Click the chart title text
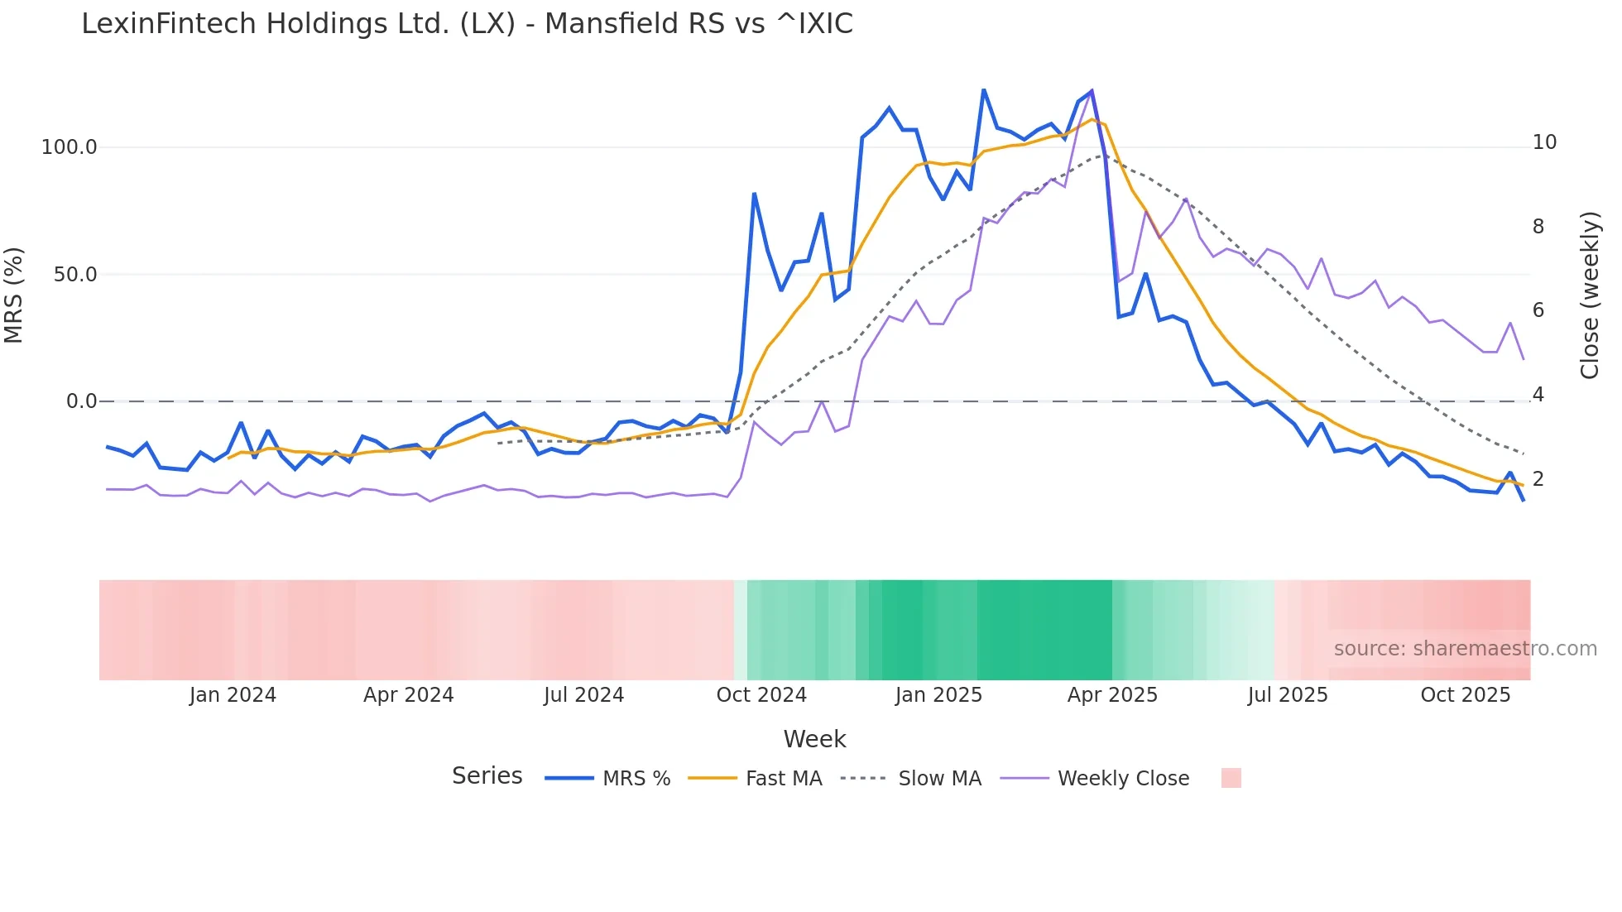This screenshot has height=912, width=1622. click(467, 24)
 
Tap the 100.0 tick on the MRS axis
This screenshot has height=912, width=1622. click(70, 147)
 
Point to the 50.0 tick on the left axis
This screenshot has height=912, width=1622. click(74, 275)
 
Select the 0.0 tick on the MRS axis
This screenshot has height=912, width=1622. click(81, 401)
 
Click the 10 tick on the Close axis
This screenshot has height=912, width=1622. click(1544, 142)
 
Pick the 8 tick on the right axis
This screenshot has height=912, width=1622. click(1538, 227)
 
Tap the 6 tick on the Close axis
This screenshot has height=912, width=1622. click(1538, 310)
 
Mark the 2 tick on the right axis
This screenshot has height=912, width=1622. click(1538, 478)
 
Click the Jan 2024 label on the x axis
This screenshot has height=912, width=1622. click(233, 695)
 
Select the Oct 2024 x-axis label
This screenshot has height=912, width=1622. click(761, 695)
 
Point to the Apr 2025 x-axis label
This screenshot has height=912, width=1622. click(1112, 695)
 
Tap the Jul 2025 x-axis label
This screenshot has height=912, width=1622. click(1288, 695)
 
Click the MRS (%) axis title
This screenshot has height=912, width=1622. click(14, 295)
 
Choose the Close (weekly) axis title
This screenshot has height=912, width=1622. click(1590, 295)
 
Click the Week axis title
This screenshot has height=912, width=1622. click(814, 739)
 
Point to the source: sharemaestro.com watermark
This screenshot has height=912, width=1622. click(1465, 649)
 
